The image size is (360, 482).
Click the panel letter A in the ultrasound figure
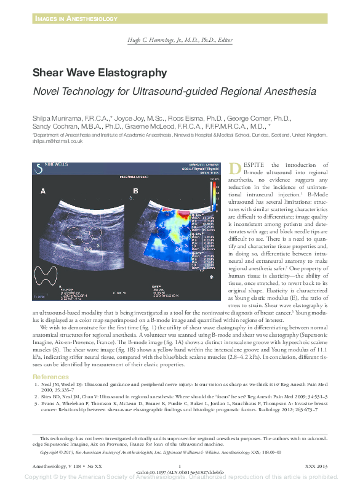pyautogui.click(x=43, y=191)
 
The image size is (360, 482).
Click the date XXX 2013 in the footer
pyautogui.click(x=317, y=465)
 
